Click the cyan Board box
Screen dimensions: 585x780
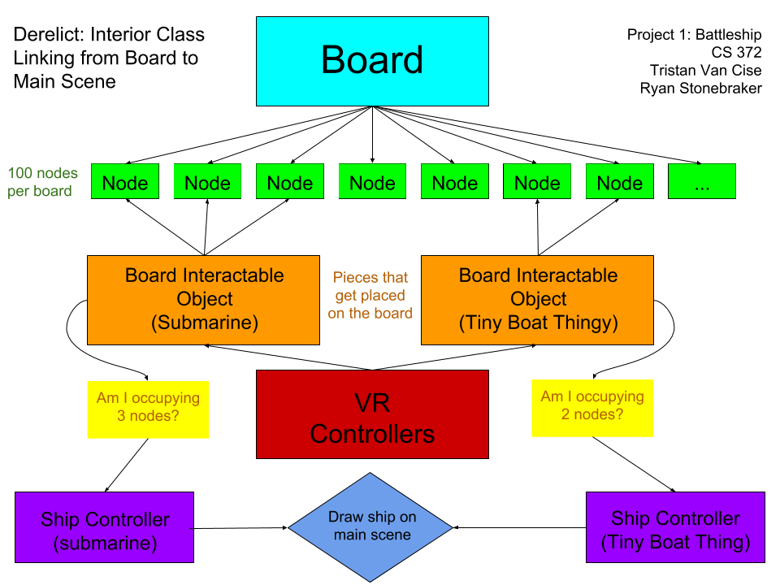point(372,61)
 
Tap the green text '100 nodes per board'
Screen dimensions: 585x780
point(43,182)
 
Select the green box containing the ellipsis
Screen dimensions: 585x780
point(702,181)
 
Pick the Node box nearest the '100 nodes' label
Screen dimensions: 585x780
point(125,181)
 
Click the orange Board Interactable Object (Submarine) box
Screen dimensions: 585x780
point(203,300)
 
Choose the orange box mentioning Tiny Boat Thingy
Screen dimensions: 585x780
point(537,300)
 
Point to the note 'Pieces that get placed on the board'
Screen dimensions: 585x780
point(370,296)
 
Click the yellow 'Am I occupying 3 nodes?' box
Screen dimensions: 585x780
point(148,409)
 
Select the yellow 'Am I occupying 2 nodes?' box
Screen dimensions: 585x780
point(592,407)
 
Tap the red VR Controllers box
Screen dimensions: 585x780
point(372,414)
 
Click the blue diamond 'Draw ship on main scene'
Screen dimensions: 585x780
point(370,526)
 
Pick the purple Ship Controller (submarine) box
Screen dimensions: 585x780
point(105,527)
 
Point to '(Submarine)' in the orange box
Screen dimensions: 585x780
point(205,323)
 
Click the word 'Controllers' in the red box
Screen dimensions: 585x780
point(372,434)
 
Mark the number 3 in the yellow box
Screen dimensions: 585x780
point(122,417)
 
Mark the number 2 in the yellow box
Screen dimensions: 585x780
point(565,414)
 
